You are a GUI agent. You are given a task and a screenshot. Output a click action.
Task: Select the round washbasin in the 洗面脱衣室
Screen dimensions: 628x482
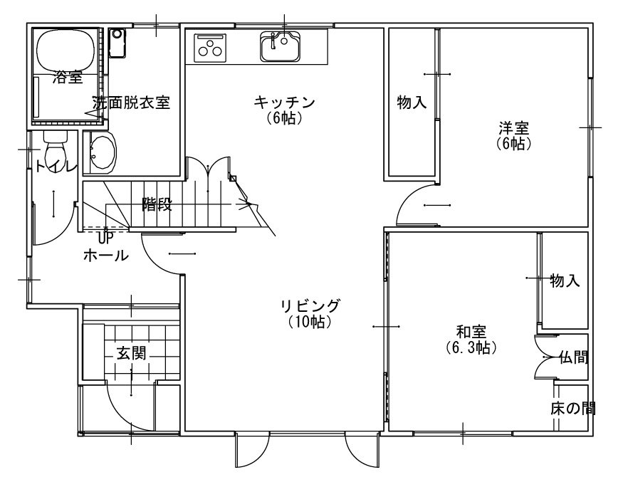click(103, 152)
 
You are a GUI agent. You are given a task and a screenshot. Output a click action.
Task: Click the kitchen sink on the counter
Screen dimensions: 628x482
click(281, 46)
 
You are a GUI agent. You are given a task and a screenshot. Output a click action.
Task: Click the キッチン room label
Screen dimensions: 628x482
click(284, 103)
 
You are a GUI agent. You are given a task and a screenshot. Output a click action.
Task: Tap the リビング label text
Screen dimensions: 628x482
click(310, 306)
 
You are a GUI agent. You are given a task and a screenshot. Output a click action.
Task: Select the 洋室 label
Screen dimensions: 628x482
click(514, 128)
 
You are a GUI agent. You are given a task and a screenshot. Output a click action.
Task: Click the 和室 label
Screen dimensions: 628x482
click(471, 332)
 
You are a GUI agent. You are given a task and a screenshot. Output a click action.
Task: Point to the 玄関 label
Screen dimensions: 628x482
click(131, 354)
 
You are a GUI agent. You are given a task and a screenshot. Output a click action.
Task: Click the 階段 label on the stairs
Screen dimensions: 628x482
click(157, 204)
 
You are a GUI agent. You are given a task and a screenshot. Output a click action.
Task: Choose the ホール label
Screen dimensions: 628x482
click(106, 255)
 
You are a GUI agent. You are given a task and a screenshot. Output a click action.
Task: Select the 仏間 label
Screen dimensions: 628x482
click(574, 357)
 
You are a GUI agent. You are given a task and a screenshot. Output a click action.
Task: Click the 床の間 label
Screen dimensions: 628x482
click(573, 409)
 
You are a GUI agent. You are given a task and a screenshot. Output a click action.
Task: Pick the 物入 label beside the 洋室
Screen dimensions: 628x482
click(412, 103)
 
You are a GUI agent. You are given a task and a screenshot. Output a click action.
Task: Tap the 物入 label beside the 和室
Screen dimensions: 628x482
click(565, 281)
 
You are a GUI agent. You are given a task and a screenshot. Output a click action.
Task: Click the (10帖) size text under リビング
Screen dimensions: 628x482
click(310, 322)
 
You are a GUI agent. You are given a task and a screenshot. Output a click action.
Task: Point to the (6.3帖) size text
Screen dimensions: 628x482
click(471, 347)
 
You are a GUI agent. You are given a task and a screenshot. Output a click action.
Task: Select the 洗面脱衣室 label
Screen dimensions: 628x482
click(131, 103)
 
